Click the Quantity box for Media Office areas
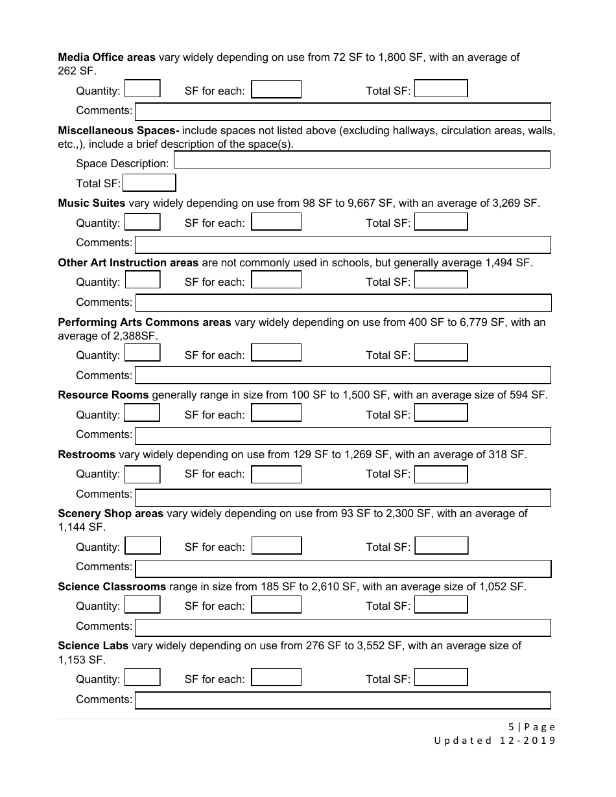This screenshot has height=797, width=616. [x=142, y=89]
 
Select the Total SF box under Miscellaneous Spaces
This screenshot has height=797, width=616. [x=149, y=183]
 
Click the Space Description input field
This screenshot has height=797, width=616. [x=362, y=159]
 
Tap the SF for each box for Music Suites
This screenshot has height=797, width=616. [x=276, y=222]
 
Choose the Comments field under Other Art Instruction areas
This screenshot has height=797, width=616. [x=343, y=303]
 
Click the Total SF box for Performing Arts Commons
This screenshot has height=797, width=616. [x=441, y=353]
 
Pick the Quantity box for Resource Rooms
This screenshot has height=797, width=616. [x=142, y=413]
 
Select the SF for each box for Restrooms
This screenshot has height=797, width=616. [x=276, y=474]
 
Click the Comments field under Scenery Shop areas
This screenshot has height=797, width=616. [x=343, y=568]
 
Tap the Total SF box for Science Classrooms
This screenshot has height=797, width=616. [x=441, y=605]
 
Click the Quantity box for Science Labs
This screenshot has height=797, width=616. [x=142, y=678]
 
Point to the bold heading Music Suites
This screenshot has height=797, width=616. [x=91, y=203]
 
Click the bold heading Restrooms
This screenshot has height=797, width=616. [x=86, y=455]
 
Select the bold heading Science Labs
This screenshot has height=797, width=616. [x=93, y=646]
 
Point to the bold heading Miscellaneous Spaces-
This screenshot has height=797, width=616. [x=118, y=131]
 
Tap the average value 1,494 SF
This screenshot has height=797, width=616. [x=508, y=262]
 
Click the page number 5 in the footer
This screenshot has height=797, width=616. [x=511, y=727]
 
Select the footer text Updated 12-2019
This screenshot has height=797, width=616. [x=495, y=741]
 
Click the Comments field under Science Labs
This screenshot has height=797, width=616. [x=343, y=700]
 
